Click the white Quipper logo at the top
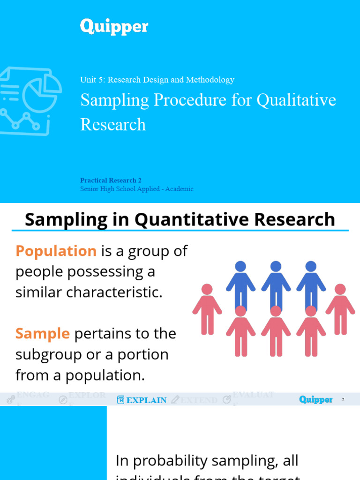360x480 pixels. point(114,27)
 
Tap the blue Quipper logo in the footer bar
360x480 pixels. point(315,400)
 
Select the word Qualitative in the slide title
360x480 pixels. point(298,100)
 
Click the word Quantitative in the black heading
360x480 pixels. point(185,219)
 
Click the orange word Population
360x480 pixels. point(56,251)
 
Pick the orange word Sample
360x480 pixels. point(42,334)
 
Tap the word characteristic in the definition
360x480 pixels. point(112,292)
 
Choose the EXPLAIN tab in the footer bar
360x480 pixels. point(146,400)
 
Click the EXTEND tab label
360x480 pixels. point(199,400)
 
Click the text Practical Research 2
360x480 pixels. point(111,180)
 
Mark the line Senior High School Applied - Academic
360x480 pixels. point(136,189)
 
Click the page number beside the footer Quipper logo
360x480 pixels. point(343,400)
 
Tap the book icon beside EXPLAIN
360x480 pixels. point(120,400)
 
